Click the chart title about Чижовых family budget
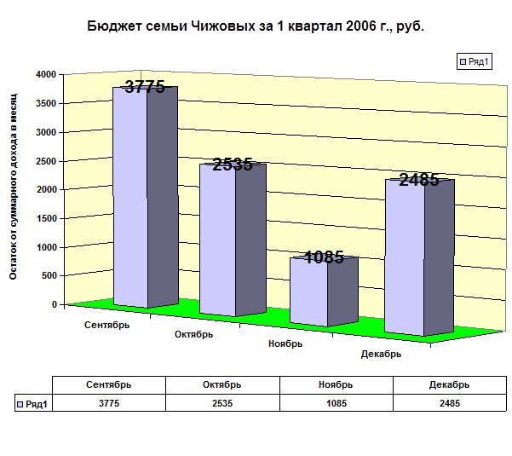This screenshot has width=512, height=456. point(256,26)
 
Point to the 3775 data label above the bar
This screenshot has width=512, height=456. point(145,86)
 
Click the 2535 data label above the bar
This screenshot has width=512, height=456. point(233,165)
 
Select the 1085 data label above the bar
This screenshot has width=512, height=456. point(324,257)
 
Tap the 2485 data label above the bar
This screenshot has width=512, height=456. point(418,180)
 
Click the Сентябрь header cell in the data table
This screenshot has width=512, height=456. point(108,385)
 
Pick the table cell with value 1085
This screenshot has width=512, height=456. point(336,404)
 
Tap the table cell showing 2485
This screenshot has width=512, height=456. point(450,404)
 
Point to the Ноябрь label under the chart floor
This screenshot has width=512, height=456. point(285,344)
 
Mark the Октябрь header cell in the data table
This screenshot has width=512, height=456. point(221,385)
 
